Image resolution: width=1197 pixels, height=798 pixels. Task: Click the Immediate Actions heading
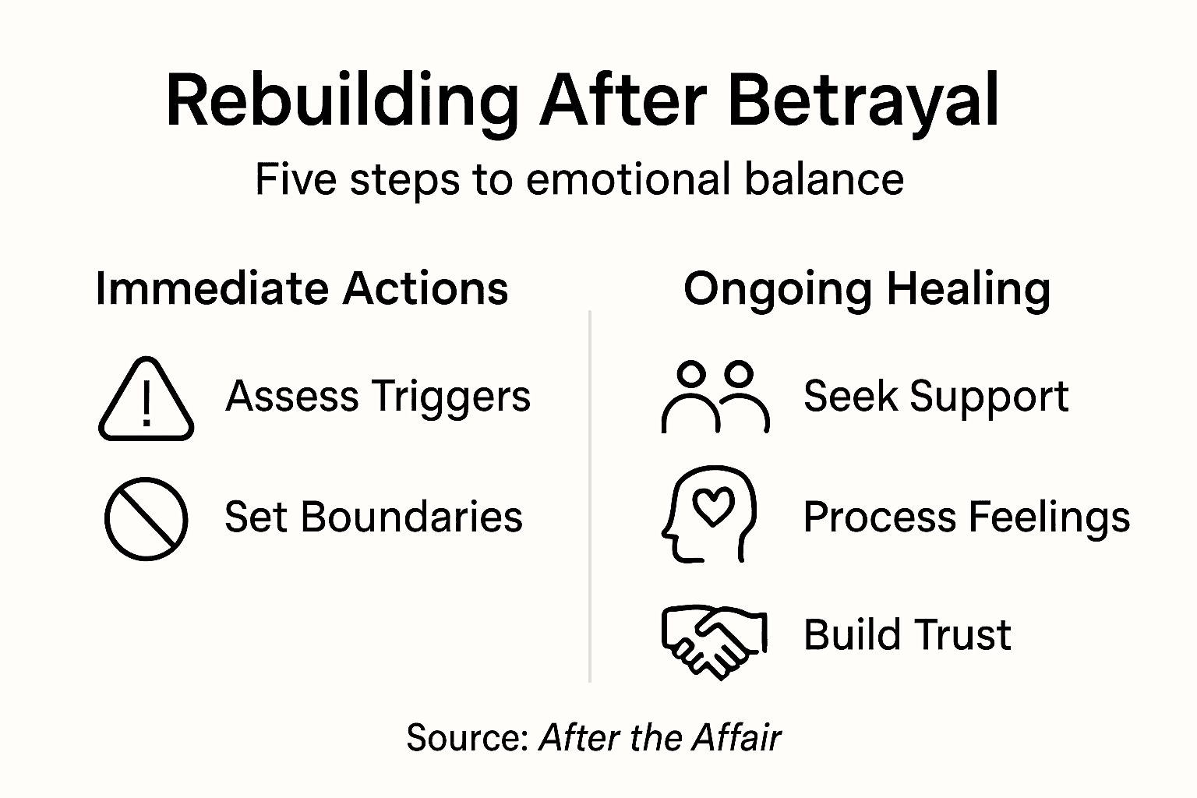302,288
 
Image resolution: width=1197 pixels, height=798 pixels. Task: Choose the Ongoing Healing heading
867,288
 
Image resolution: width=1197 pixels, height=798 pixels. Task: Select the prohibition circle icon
147,518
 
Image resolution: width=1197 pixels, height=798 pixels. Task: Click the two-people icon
715,397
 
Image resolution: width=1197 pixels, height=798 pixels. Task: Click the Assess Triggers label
378,397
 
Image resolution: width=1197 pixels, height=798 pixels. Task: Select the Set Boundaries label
373,517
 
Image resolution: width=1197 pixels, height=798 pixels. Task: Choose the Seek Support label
936,397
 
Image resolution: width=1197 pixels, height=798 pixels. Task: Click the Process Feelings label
966,517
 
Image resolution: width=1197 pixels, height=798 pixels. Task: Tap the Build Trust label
907,634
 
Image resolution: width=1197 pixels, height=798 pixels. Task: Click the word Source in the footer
466,737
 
